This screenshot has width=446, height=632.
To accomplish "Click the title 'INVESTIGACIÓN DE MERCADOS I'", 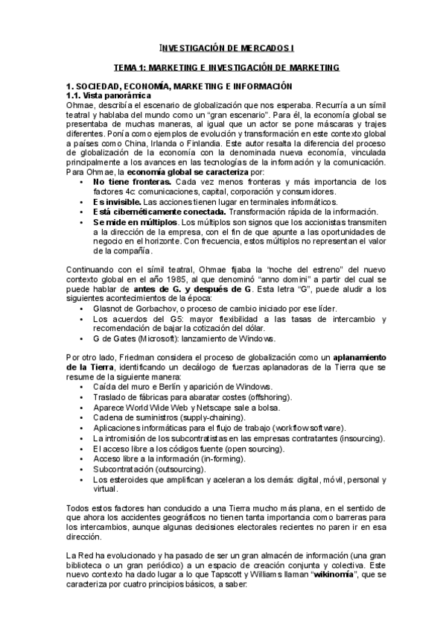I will point(229,47).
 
